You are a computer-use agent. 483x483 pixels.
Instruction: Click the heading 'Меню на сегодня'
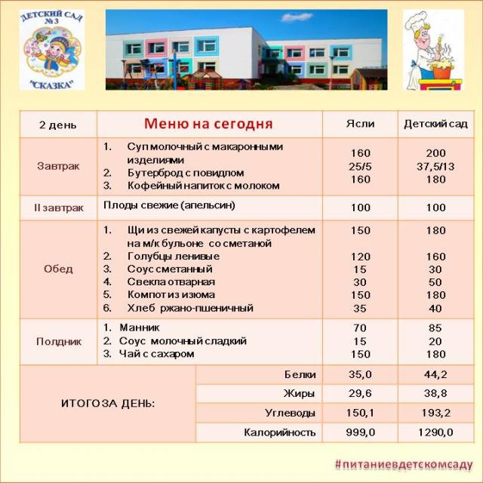click(208, 123)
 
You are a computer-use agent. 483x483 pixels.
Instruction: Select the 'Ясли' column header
click(359, 124)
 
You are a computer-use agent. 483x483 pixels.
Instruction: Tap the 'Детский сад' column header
click(435, 124)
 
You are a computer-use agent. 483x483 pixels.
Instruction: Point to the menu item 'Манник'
click(139, 328)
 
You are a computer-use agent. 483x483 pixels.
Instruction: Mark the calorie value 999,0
click(359, 432)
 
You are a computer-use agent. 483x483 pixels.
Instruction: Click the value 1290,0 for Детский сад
click(435, 432)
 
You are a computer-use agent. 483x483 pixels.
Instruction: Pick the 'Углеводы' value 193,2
click(435, 413)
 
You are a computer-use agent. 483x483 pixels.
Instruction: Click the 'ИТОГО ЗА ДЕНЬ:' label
click(108, 403)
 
